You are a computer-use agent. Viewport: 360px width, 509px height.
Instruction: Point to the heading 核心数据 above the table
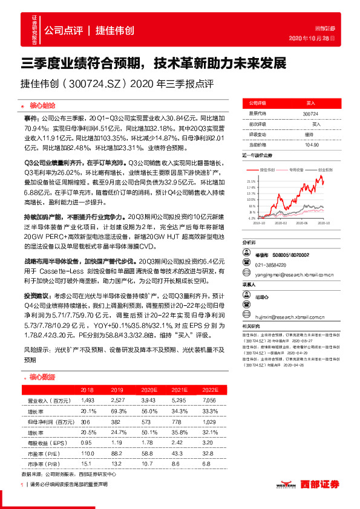tap(41, 377)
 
